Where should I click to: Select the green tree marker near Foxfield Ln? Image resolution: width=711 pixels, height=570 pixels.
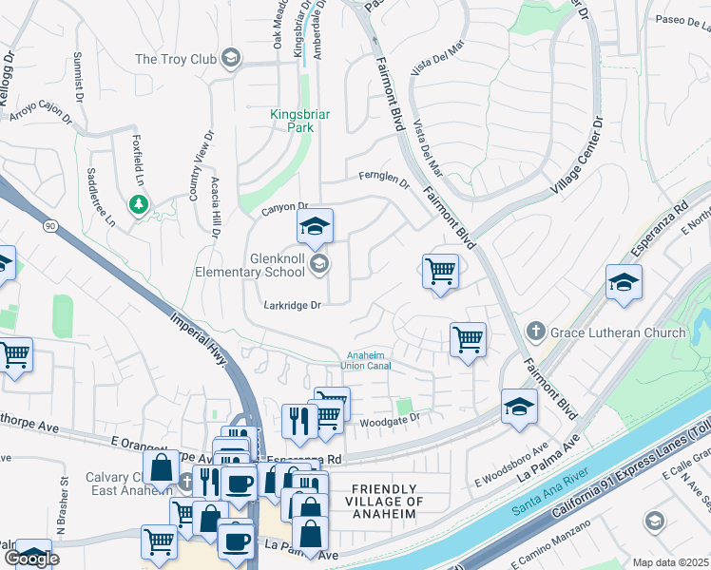click(139, 203)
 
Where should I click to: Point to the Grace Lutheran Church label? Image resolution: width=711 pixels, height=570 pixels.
click(619, 332)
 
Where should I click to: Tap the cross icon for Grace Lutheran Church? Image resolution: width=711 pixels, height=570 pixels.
click(535, 332)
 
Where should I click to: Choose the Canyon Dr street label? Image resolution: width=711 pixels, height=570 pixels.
click(285, 206)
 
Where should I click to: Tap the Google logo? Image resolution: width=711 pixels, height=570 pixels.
click(30, 559)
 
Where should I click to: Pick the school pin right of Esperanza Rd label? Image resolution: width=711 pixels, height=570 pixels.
click(624, 283)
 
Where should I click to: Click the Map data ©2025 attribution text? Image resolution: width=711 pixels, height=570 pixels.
click(670, 562)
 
